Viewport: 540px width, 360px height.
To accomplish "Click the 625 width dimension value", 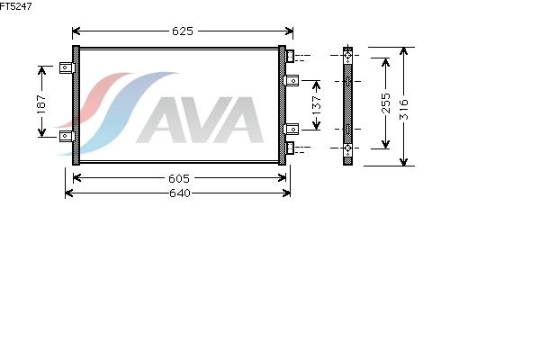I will pos(182,31).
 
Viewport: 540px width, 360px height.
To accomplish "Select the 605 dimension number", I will pos(179,177).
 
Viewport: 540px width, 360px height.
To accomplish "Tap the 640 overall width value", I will pos(179,193).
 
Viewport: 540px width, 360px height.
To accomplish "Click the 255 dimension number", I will pos(384,103).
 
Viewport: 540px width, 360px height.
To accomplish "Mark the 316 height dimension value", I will pos(405,107).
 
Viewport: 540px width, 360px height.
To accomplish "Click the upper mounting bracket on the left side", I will pos(65,67).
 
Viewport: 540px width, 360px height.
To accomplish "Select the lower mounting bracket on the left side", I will pos(65,136).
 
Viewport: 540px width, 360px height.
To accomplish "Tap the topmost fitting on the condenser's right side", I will pos(292,58).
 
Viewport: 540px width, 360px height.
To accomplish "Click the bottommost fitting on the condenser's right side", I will pos(292,147).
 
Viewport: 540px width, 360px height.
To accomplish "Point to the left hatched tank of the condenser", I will pos(76,105).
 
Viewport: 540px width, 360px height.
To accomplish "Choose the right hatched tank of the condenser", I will pos(282,105).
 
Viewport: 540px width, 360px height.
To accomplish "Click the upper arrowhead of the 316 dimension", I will pos(405,50).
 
